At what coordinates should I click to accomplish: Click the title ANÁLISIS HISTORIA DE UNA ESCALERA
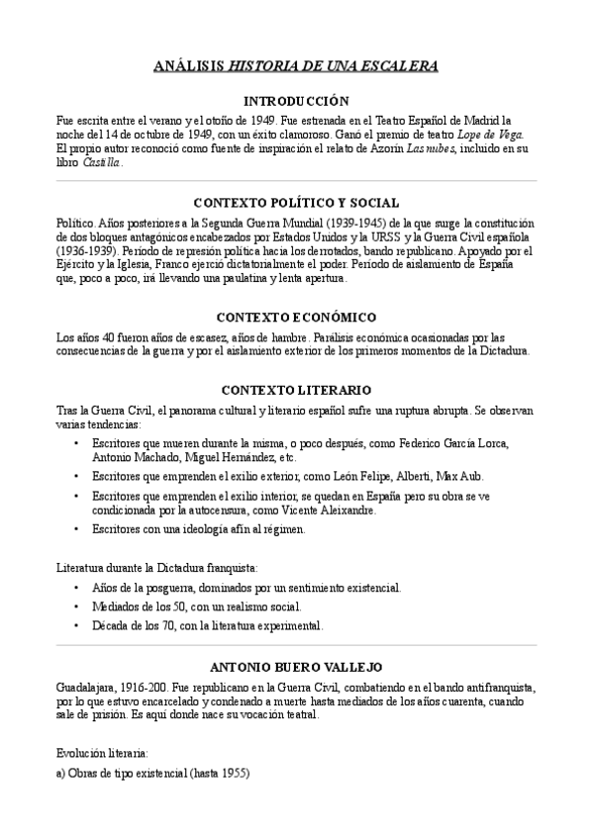(296, 65)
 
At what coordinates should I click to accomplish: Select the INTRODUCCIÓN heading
(296, 100)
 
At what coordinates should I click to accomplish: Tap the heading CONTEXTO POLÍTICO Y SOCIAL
(296, 202)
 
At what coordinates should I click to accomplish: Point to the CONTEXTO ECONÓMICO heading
(296, 318)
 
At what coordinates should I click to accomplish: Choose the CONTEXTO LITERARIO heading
(296, 390)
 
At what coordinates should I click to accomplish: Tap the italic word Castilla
(101, 162)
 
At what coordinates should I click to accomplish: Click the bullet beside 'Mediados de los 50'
(77, 606)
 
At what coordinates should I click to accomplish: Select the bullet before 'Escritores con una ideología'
(77, 529)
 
